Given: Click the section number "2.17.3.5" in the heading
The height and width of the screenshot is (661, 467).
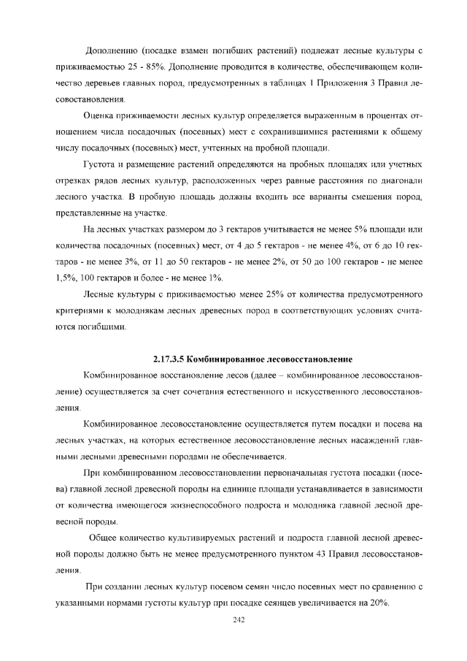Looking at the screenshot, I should [169, 359].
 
